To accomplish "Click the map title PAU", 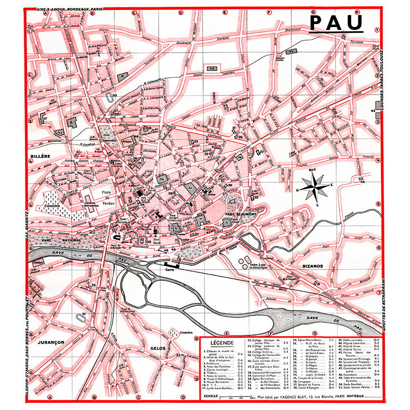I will click(x=336, y=23).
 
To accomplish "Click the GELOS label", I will click(x=158, y=348).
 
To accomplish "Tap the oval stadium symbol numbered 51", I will click(x=80, y=319).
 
